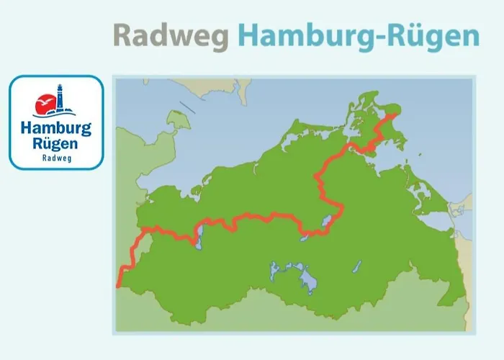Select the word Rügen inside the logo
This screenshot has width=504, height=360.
click(56, 144)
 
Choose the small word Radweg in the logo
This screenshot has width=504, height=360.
click(56, 158)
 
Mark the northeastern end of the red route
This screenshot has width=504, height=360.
click(394, 115)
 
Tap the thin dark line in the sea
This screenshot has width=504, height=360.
click(186, 107)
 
